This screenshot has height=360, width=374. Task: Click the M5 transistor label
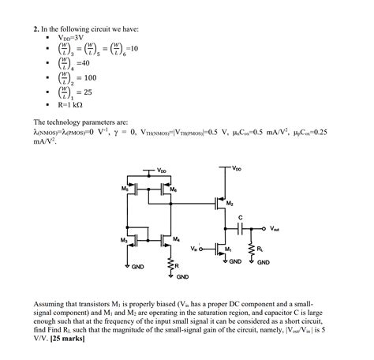(125, 189)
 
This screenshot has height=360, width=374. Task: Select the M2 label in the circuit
(230, 204)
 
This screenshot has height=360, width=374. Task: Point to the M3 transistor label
(125, 239)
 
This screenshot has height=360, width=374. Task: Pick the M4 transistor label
(175, 239)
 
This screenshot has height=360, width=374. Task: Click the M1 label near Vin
(228, 249)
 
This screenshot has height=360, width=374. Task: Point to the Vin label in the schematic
(194, 249)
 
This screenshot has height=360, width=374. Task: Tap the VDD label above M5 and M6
(161, 170)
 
